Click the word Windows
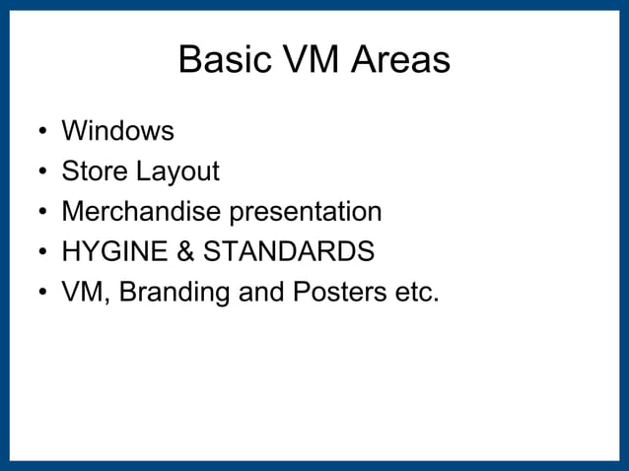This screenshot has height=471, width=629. coord(117,131)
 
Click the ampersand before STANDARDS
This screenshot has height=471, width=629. coord(184,252)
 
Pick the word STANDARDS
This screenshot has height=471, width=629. coord(289,252)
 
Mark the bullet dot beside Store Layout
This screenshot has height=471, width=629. coord(40,173)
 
